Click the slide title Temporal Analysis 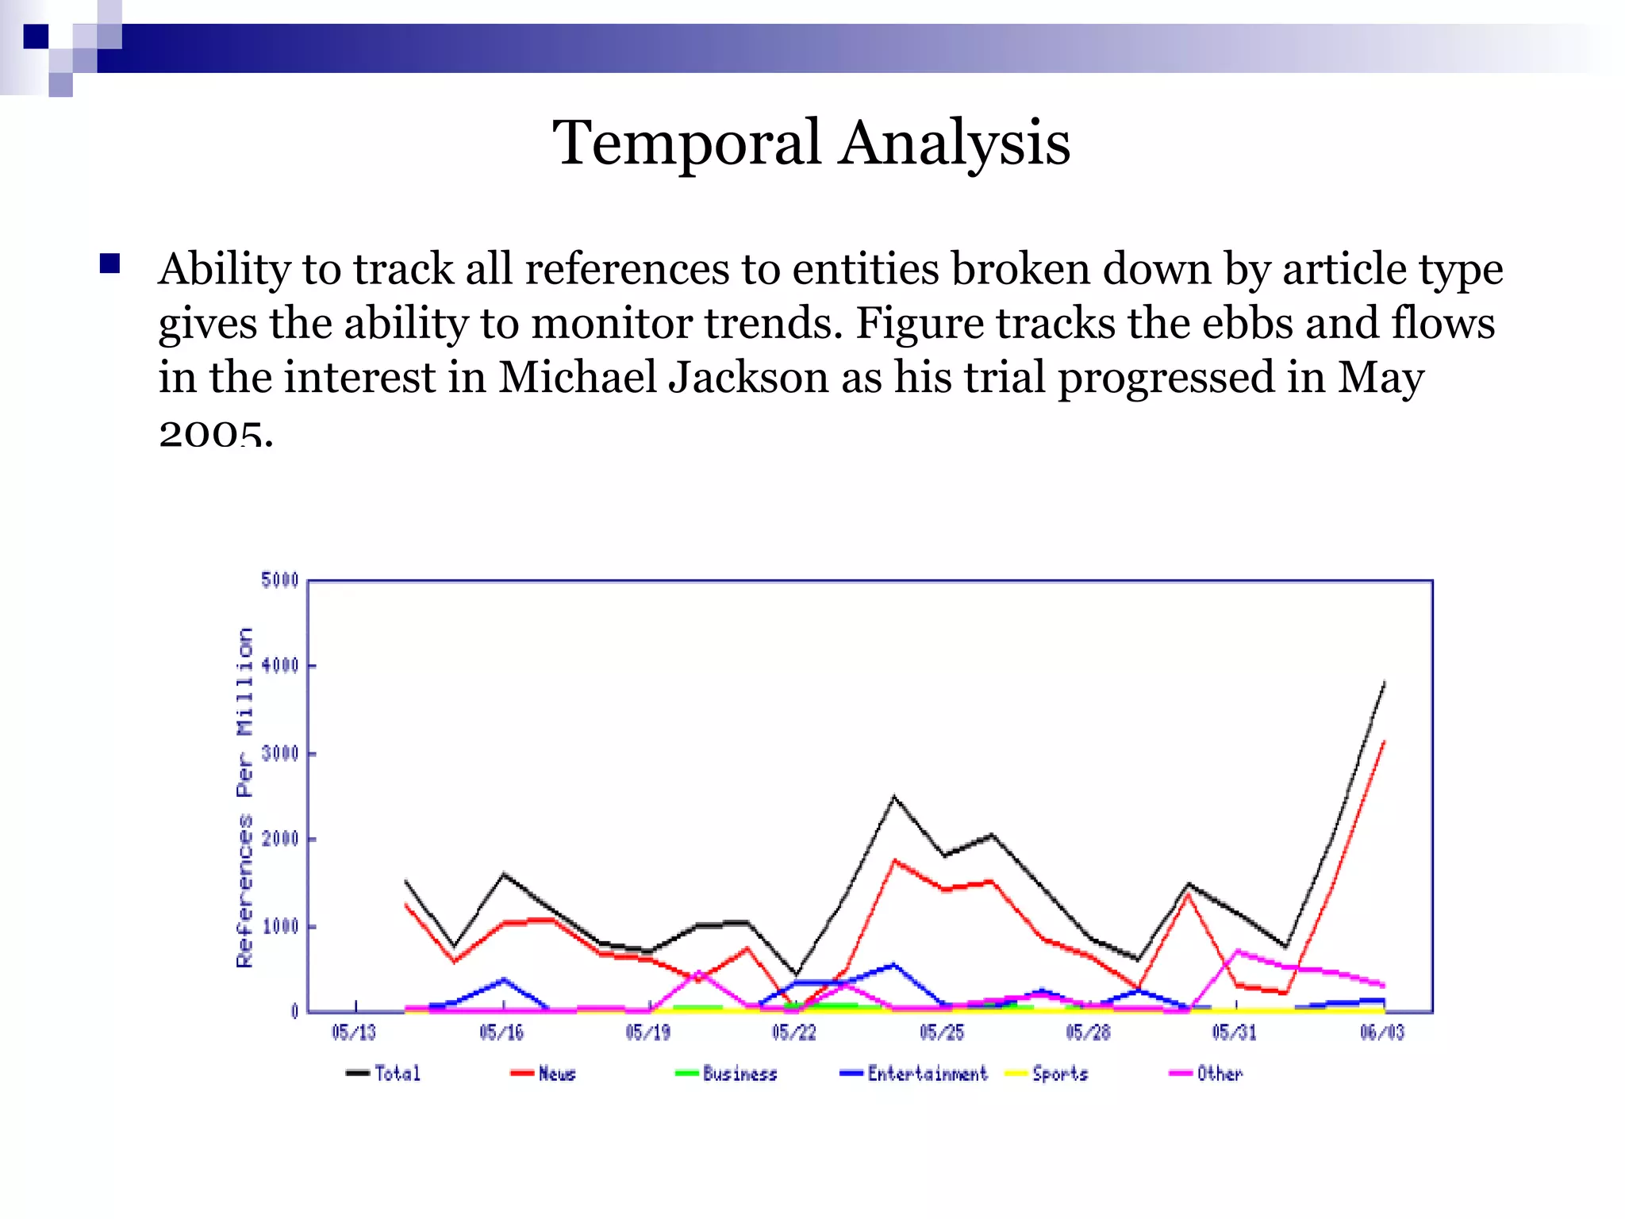pos(811,143)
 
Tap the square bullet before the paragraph pos(109,263)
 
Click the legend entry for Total pos(384,1073)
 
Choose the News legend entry pos(544,1073)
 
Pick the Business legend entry pos(727,1073)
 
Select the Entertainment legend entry pos(914,1073)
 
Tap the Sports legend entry pos(1047,1073)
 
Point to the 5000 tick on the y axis pos(279,580)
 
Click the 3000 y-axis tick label pos(279,752)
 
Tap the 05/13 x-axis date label pos(354,1032)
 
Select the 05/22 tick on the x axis pos(794,1032)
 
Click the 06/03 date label pos(1382,1032)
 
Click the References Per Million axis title pos(244,797)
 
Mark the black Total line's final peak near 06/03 pos(1384,683)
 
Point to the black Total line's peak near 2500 pos(894,796)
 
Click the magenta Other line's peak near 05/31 pos(1238,950)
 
